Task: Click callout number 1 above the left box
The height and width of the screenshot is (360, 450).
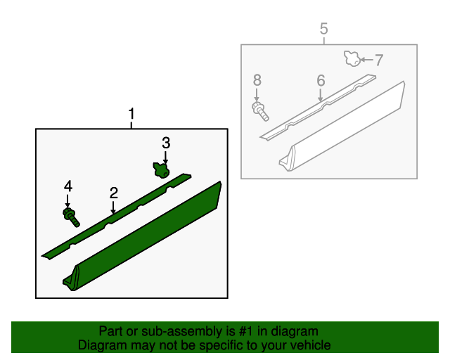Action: point(131,113)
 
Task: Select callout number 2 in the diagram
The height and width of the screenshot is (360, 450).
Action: point(112,192)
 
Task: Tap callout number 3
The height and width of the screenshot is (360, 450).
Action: point(166,143)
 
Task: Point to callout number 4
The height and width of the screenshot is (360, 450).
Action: point(68,186)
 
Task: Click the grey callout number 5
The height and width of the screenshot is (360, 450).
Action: point(323,29)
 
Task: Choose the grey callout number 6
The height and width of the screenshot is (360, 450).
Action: point(321,81)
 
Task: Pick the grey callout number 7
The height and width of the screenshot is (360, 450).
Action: point(378,60)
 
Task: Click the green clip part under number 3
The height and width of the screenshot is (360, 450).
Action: point(162,170)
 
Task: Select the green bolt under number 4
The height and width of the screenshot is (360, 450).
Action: point(71,217)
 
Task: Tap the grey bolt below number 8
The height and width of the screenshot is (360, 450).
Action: point(259,110)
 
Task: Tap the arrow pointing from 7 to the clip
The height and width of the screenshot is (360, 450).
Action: point(366,60)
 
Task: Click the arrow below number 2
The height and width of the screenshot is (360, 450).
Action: point(112,206)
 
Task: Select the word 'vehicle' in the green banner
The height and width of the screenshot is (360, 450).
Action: point(311,345)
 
